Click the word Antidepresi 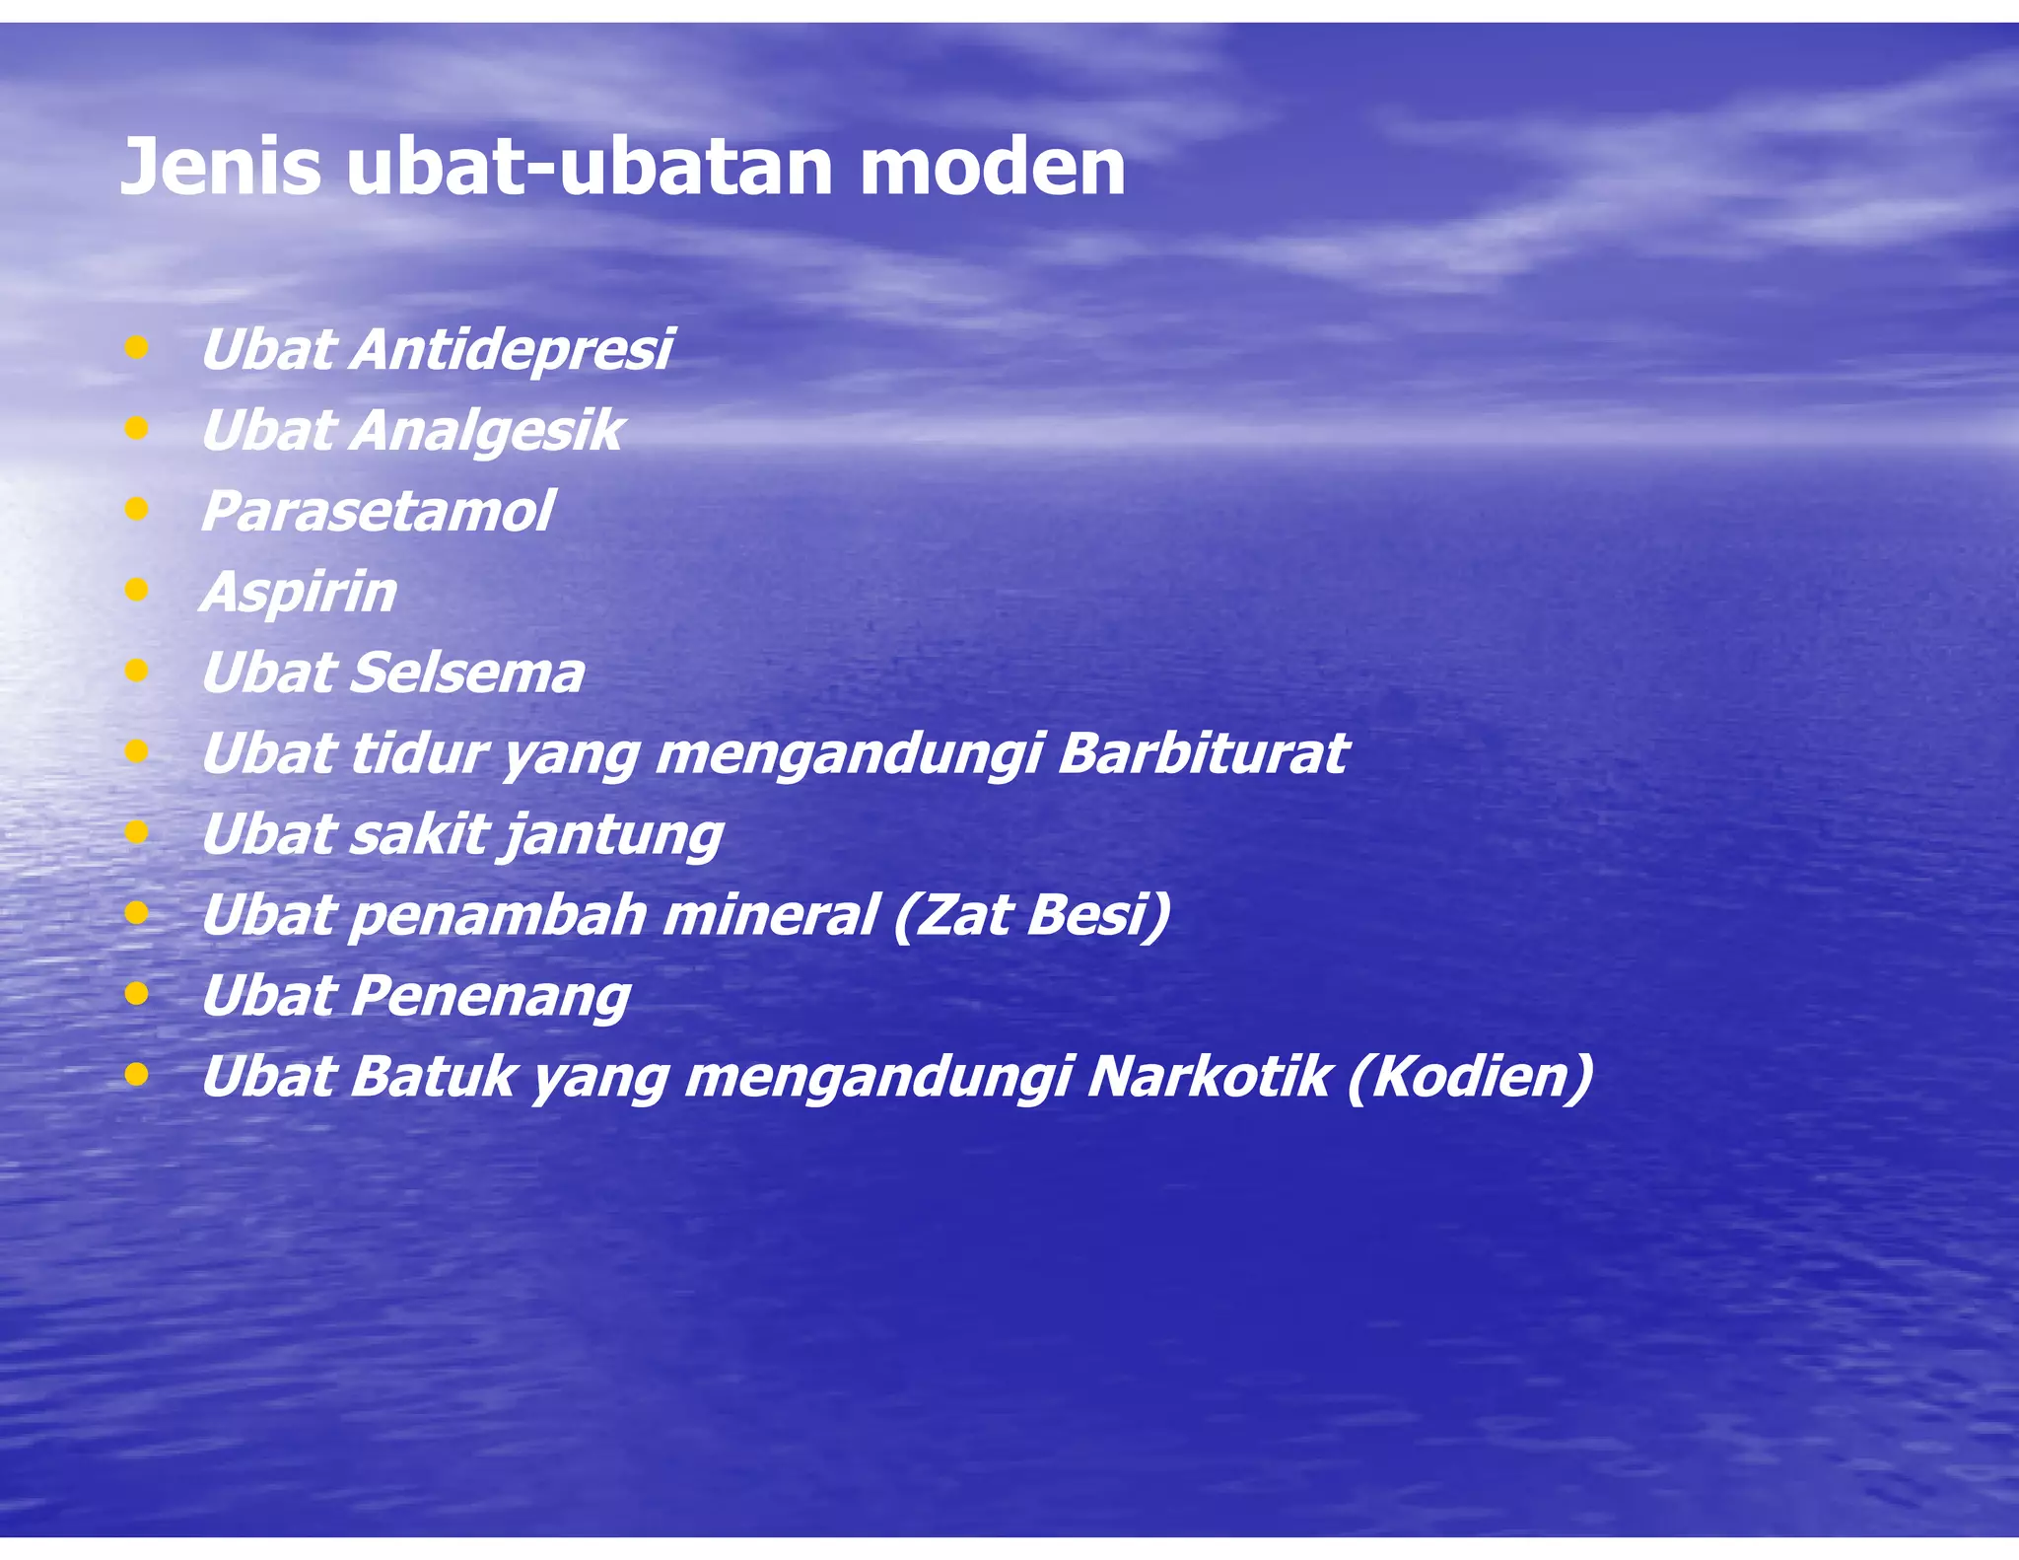click(x=510, y=349)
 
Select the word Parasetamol click(x=377, y=511)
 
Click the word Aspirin click(x=299, y=592)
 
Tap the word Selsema click(x=466, y=673)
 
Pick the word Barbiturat click(x=1202, y=753)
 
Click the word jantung click(x=613, y=835)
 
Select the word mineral click(x=769, y=915)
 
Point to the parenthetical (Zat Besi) click(x=1032, y=915)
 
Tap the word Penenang click(x=490, y=996)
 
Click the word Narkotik click(x=1209, y=1076)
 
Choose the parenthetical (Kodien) click(x=1469, y=1076)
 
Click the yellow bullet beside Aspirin click(x=137, y=590)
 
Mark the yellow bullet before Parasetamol click(x=137, y=509)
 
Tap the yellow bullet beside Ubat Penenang click(x=137, y=994)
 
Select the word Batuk click(x=433, y=1076)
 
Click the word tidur click(x=418, y=753)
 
